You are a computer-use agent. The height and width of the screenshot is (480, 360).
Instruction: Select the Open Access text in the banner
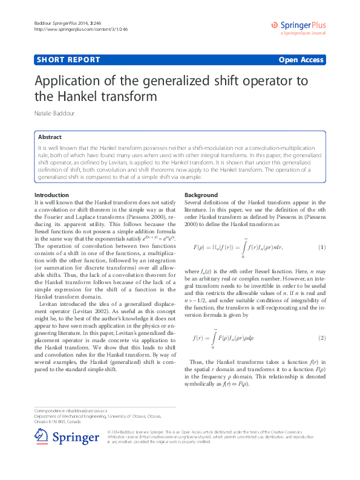[301, 59]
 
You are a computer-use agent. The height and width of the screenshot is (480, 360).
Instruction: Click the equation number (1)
[322, 247]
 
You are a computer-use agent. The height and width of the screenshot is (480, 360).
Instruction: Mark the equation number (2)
[322, 337]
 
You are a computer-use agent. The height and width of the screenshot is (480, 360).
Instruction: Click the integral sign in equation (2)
[213, 337]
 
